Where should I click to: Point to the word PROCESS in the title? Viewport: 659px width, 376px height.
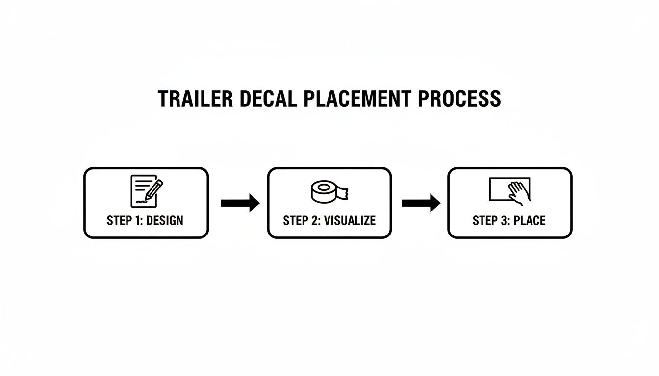coord(459,99)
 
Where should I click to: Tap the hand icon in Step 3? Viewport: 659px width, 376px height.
coord(519,193)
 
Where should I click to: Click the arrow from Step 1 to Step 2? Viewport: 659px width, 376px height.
coord(240,202)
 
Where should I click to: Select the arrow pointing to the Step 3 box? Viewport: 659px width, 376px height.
coord(421,202)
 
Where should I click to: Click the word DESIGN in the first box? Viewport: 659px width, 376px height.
coord(164,221)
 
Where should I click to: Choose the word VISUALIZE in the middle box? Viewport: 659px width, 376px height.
coord(350,221)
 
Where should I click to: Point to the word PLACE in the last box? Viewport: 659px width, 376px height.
coord(529,221)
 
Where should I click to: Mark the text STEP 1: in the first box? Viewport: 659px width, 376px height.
coord(125,221)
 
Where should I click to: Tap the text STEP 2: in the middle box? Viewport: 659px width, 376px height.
coord(302,221)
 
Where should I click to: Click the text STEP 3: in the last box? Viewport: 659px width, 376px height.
coord(491,221)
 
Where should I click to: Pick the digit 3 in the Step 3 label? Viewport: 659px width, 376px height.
coord(505,221)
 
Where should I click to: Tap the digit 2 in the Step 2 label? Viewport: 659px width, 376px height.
coord(315,221)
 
